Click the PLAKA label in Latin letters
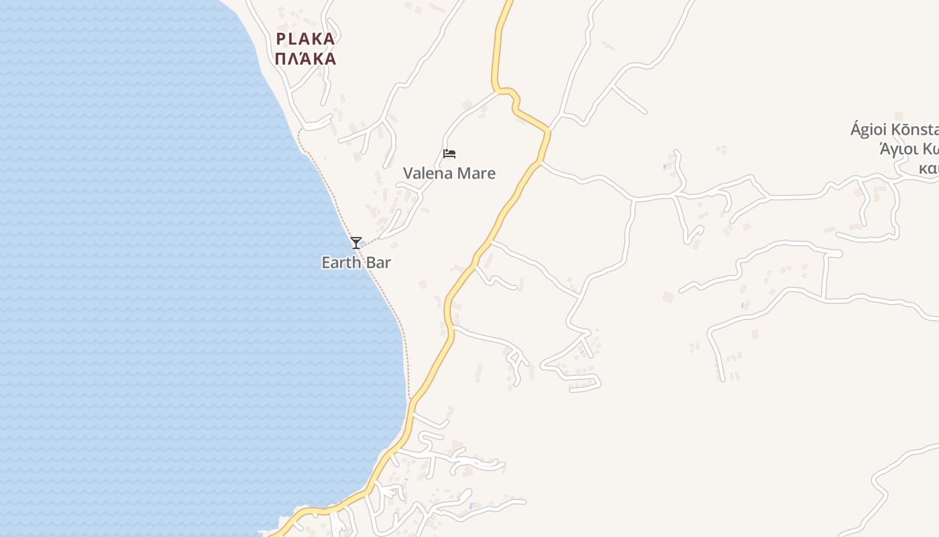click(305, 39)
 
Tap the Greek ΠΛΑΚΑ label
click(305, 59)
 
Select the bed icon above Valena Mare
click(449, 154)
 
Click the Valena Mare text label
click(449, 173)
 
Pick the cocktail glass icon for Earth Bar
click(356, 243)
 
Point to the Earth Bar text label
click(356, 262)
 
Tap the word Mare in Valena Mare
click(477, 173)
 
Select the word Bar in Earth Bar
click(378, 262)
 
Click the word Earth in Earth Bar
click(341, 262)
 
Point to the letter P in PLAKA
click(281, 39)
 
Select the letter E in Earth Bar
click(326, 262)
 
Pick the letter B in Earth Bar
click(370, 262)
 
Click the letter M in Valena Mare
click(464, 173)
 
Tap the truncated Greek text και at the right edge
click(929, 168)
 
